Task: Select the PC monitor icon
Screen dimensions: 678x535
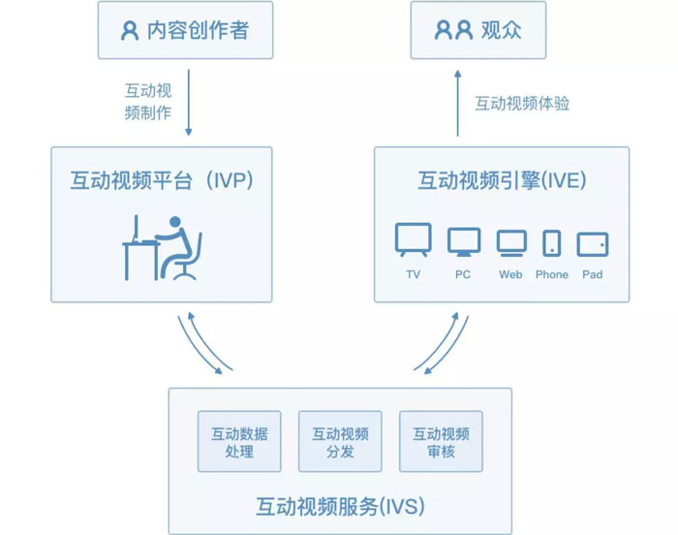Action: [x=464, y=241]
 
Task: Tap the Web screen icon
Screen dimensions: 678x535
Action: [x=511, y=243]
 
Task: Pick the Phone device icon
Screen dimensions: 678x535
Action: [x=552, y=243]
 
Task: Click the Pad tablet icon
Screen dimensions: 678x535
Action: [x=593, y=244]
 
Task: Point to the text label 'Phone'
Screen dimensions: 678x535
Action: [x=552, y=274]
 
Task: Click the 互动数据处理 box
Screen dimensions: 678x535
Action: [x=239, y=441]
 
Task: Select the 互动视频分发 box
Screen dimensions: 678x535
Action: [x=340, y=441]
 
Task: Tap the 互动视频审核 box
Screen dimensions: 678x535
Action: [x=441, y=441]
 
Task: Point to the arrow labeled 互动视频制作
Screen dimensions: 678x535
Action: [x=189, y=103]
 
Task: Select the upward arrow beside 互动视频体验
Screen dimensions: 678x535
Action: [x=458, y=104]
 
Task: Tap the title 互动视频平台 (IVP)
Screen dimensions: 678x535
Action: [x=162, y=180]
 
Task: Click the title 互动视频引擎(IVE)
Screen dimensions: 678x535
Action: [x=502, y=180]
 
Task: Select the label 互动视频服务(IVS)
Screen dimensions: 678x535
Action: [x=340, y=506]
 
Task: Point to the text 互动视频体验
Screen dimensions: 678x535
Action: [x=522, y=104]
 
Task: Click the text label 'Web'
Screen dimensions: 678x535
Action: [x=510, y=274]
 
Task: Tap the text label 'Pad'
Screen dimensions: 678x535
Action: [x=593, y=274]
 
